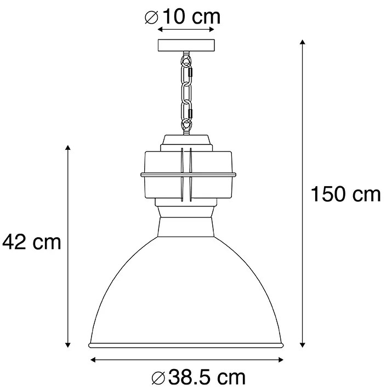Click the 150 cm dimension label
point(345,194)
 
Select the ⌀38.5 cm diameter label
point(198,377)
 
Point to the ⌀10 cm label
point(182,16)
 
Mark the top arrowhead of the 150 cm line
point(302,42)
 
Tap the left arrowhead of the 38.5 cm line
point(93,360)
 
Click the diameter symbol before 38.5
point(157,378)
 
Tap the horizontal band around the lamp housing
point(187,175)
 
